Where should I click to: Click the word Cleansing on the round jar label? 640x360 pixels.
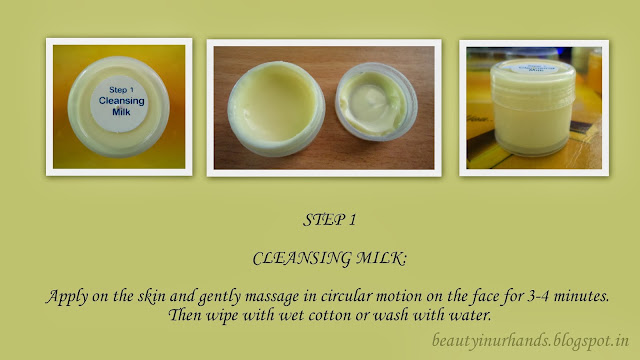pyautogui.click(x=122, y=101)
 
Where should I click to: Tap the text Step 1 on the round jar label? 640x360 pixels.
pyautogui.click(x=121, y=90)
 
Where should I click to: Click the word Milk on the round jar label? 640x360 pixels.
pyautogui.click(x=121, y=112)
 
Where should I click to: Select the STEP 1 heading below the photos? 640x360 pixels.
pyautogui.click(x=329, y=220)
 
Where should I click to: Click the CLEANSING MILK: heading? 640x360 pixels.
pyautogui.click(x=329, y=258)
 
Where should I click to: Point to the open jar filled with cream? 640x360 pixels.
pyautogui.click(x=276, y=109)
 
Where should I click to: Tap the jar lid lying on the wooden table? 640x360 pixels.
pyautogui.click(x=376, y=102)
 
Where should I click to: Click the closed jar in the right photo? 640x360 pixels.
pyautogui.click(x=533, y=107)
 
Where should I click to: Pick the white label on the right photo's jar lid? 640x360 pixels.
pyautogui.click(x=534, y=68)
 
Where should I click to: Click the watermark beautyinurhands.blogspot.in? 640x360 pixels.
pyautogui.click(x=530, y=340)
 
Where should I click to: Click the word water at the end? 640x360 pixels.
pyautogui.click(x=470, y=315)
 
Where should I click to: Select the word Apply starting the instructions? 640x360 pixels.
pyautogui.click(x=67, y=297)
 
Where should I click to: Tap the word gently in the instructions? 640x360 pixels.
pyautogui.click(x=220, y=297)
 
